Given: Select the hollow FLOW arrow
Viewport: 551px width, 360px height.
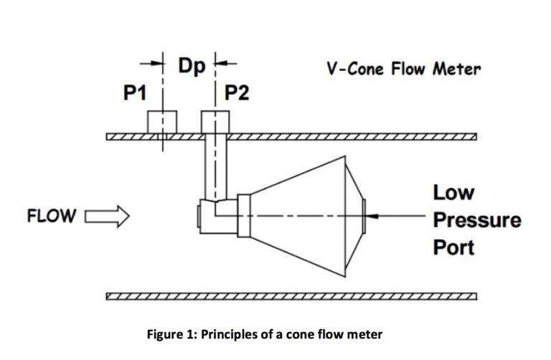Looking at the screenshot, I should pos(107,215).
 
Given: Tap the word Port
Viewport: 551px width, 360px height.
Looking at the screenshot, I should pos(453,247).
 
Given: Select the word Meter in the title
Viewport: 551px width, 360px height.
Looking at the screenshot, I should pos(458,70).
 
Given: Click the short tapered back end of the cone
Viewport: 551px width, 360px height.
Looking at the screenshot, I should pos(355,214).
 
